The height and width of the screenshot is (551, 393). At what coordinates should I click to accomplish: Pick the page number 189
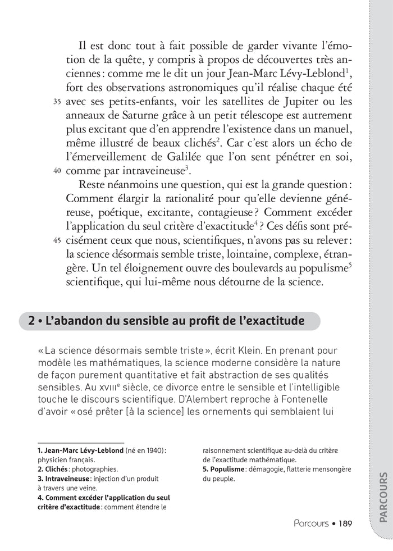point(345,524)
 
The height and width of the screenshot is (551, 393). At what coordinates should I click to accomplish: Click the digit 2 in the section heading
point(33,321)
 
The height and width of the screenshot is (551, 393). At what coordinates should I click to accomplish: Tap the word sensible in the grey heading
point(143,321)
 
